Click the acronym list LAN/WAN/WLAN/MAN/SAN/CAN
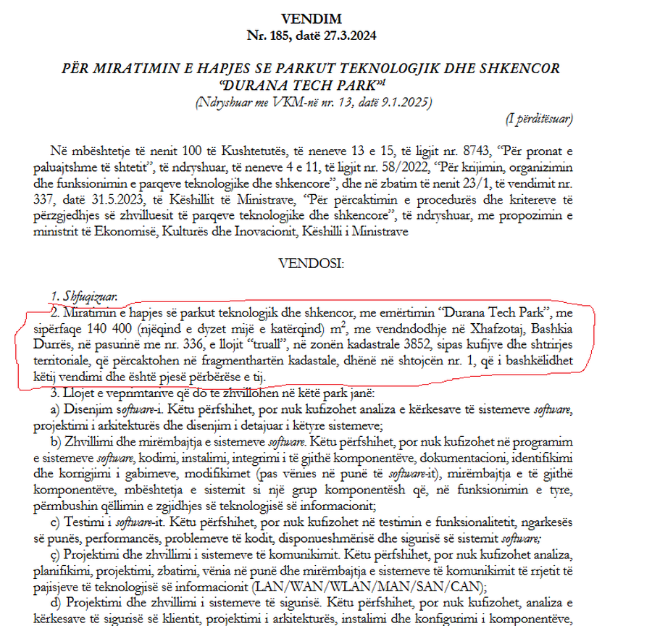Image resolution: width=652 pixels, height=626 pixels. pos(369,587)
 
